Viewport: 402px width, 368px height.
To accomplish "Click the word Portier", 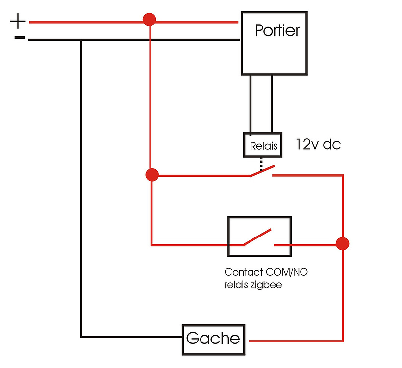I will point(277,31).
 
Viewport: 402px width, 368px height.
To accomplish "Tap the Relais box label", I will point(263,146).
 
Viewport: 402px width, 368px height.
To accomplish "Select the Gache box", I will point(213,339).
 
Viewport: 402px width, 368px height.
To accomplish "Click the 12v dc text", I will point(318,145).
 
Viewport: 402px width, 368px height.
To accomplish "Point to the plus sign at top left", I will point(18,21).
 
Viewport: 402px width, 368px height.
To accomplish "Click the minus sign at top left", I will point(19,37).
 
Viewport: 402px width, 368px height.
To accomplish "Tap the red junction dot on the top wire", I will point(149,20).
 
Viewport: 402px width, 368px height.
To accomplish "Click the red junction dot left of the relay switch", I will point(152,175).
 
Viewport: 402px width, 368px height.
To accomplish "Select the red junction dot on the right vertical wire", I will point(343,243).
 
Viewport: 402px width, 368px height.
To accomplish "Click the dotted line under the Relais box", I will point(261,162).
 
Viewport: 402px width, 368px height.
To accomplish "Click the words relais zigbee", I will point(253,285).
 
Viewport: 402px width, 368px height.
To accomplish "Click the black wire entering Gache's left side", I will point(132,337).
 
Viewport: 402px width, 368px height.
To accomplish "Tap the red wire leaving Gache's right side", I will point(294,340).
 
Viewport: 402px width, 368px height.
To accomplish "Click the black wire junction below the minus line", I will point(81,40).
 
